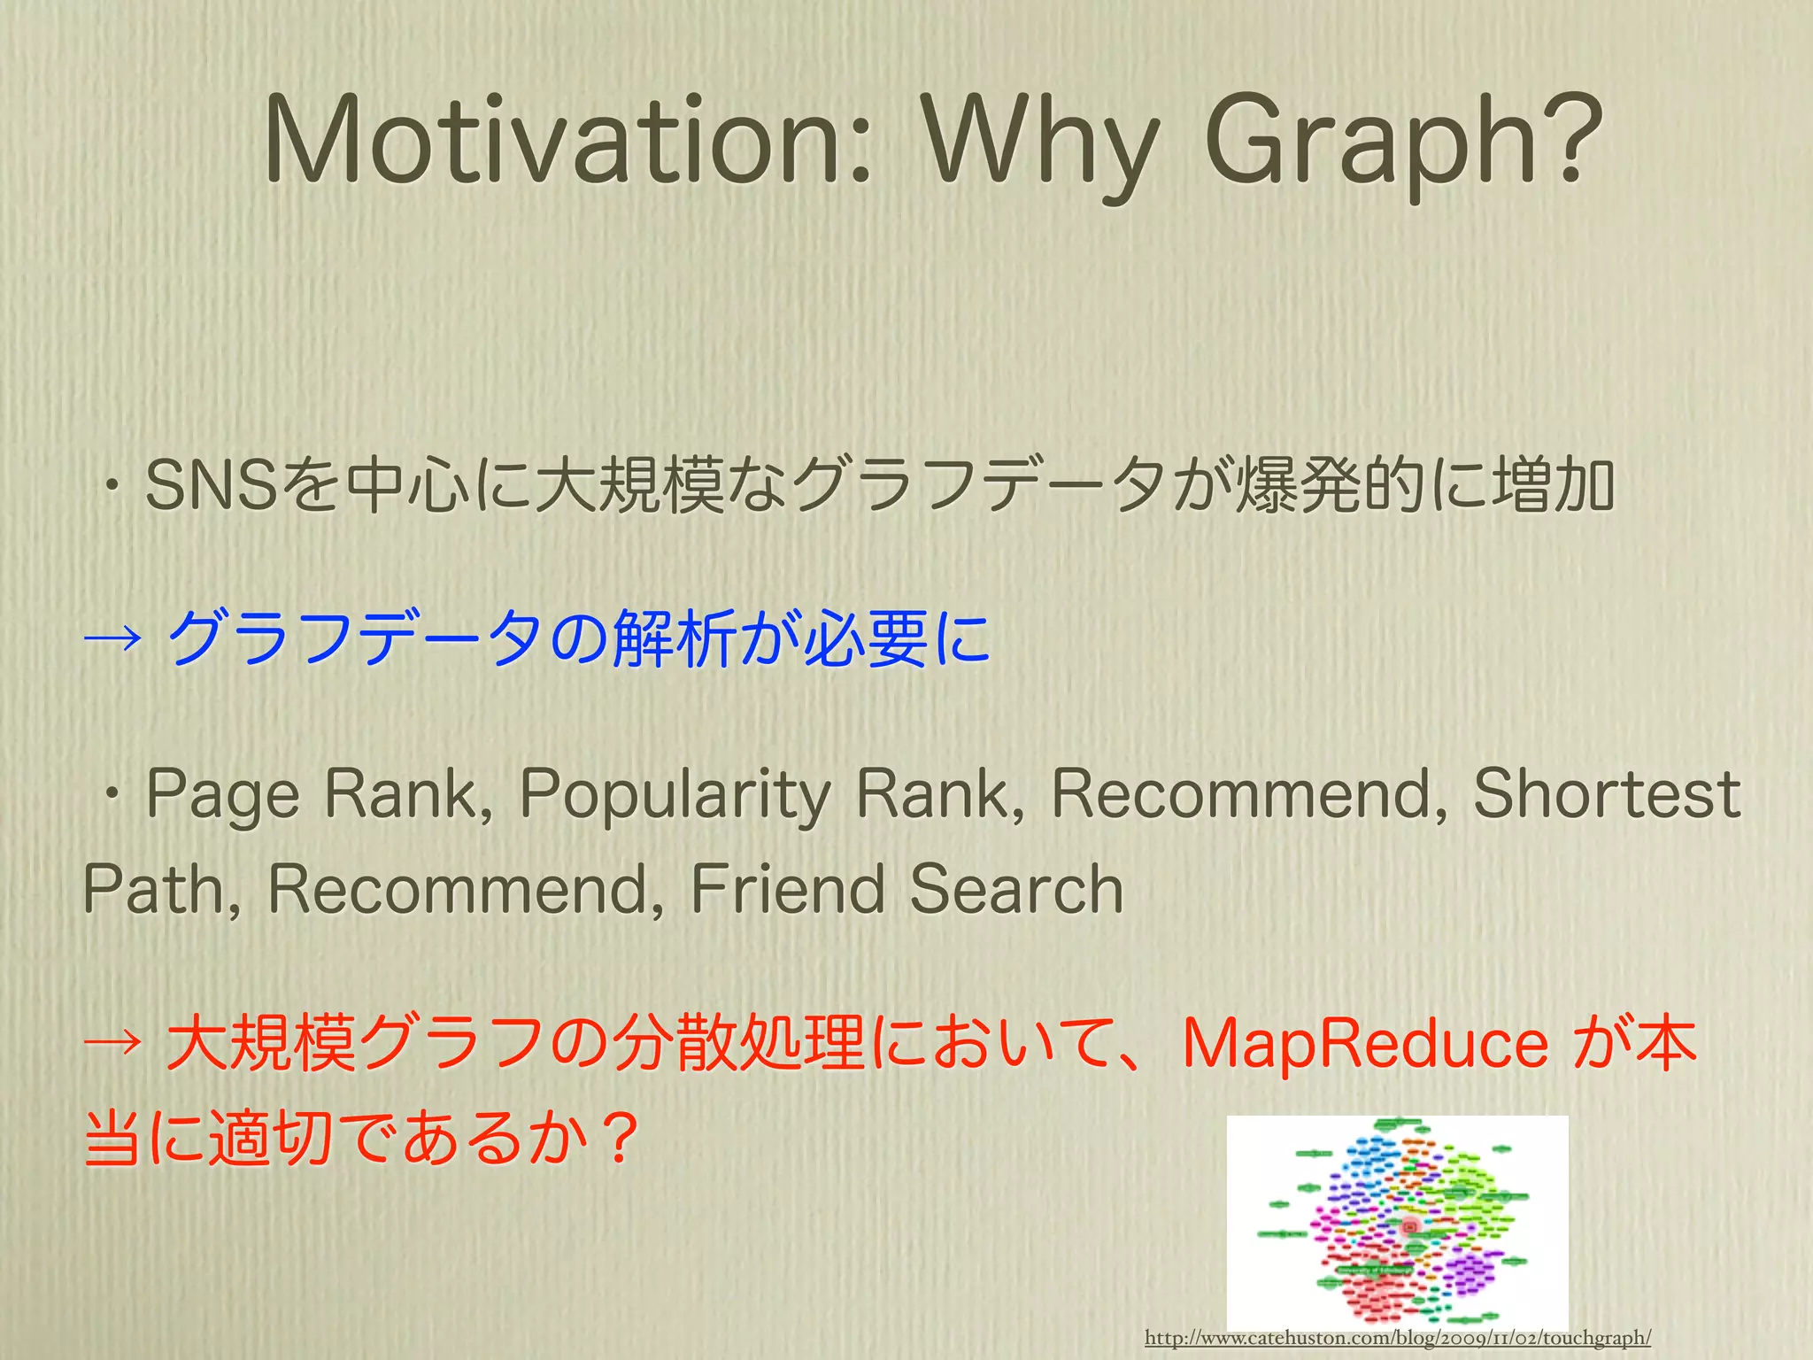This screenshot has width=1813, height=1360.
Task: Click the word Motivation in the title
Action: [x=567, y=142]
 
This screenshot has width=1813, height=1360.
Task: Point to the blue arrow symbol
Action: [x=112, y=637]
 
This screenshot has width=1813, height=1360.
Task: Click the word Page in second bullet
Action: [x=223, y=794]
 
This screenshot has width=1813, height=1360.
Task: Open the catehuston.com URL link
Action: [x=1398, y=1337]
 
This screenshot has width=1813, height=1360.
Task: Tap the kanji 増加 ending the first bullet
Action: [x=1554, y=485]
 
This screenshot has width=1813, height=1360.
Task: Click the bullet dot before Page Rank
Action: [x=112, y=794]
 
